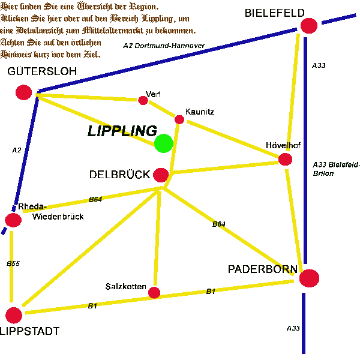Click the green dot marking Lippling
[164, 143]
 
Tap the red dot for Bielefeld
[309, 26]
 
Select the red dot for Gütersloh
[23, 92]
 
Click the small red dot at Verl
[143, 100]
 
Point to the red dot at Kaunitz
[179, 119]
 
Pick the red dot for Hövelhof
[285, 160]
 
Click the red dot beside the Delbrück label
[161, 175]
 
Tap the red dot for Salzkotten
[154, 293]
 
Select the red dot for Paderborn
[309, 278]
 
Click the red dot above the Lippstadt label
[14, 316]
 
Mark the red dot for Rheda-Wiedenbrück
[13, 220]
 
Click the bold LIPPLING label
[122, 131]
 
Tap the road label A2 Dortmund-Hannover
[164, 46]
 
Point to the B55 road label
[13, 263]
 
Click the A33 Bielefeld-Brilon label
[336, 169]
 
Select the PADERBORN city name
[263, 269]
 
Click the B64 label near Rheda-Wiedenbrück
[95, 199]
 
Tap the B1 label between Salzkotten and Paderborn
[211, 292]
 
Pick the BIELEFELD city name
[275, 13]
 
